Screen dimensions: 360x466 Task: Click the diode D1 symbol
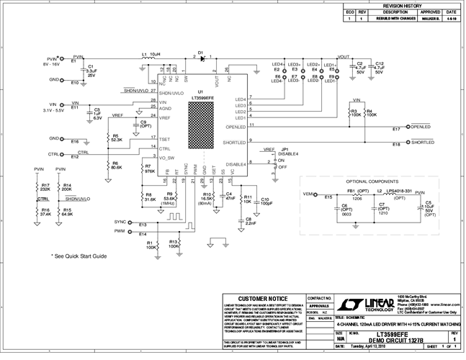pos(202,58)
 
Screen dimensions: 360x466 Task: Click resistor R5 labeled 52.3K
pos(108,138)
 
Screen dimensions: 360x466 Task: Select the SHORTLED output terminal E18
pos(405,143)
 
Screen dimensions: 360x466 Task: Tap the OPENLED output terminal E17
pos(405,127)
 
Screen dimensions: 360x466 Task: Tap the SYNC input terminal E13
pos(131,222)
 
